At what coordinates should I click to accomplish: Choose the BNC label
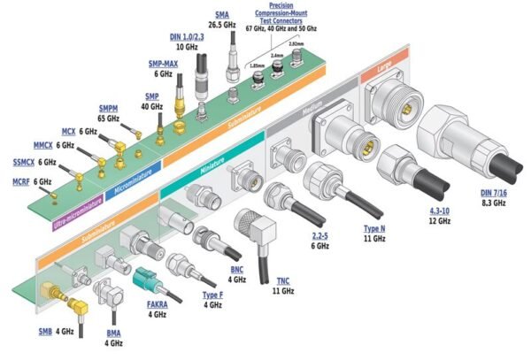[235, 268]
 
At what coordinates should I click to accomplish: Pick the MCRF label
[20, 181]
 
